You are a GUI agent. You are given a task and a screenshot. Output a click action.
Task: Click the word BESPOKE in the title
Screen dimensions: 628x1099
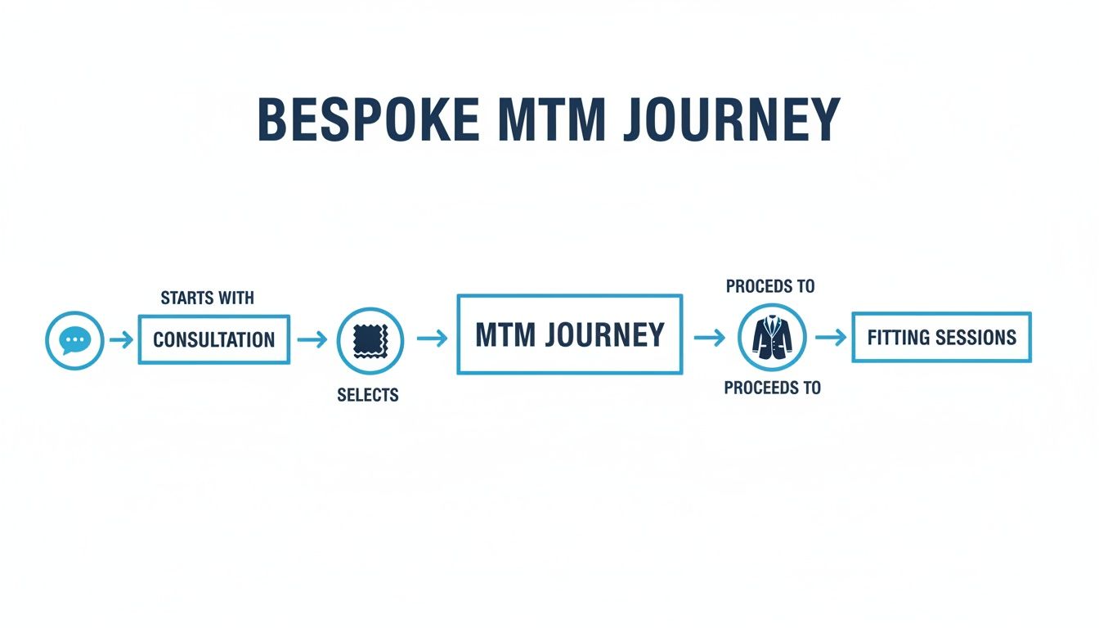(x=368, y=120)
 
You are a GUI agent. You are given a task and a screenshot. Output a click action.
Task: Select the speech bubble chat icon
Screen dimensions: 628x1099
(x=74, y=340)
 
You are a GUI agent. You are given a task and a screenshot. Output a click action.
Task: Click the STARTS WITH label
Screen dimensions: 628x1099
(x=207, y=298)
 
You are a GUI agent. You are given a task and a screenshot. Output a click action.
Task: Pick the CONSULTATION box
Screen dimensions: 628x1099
(x=213, y=339)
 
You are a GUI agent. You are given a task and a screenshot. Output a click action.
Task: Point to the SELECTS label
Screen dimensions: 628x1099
(x=368, y=396)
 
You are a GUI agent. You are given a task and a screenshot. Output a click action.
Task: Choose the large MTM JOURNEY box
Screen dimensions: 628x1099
(x=569, y=335)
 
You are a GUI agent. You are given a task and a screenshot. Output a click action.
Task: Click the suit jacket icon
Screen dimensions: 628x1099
(x=772, y=338)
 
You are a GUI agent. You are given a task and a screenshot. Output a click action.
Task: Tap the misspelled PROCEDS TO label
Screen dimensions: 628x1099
(x=770, y=287)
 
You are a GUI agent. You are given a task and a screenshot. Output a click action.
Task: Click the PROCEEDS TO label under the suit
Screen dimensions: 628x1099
(x=772, y=388)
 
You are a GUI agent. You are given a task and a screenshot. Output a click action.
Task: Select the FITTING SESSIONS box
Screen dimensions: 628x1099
(x=941, y=337)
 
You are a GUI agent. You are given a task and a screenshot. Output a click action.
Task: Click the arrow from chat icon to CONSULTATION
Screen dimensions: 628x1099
(x=121, y=340)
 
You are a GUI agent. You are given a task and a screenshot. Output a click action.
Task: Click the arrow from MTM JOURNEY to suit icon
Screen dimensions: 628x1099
(x=709, y=338)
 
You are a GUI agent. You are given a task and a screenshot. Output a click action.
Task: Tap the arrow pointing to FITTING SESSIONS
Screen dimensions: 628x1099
(x=830, y=338)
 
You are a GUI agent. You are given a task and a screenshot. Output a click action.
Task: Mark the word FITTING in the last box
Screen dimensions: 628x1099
(x=896, y=337)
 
